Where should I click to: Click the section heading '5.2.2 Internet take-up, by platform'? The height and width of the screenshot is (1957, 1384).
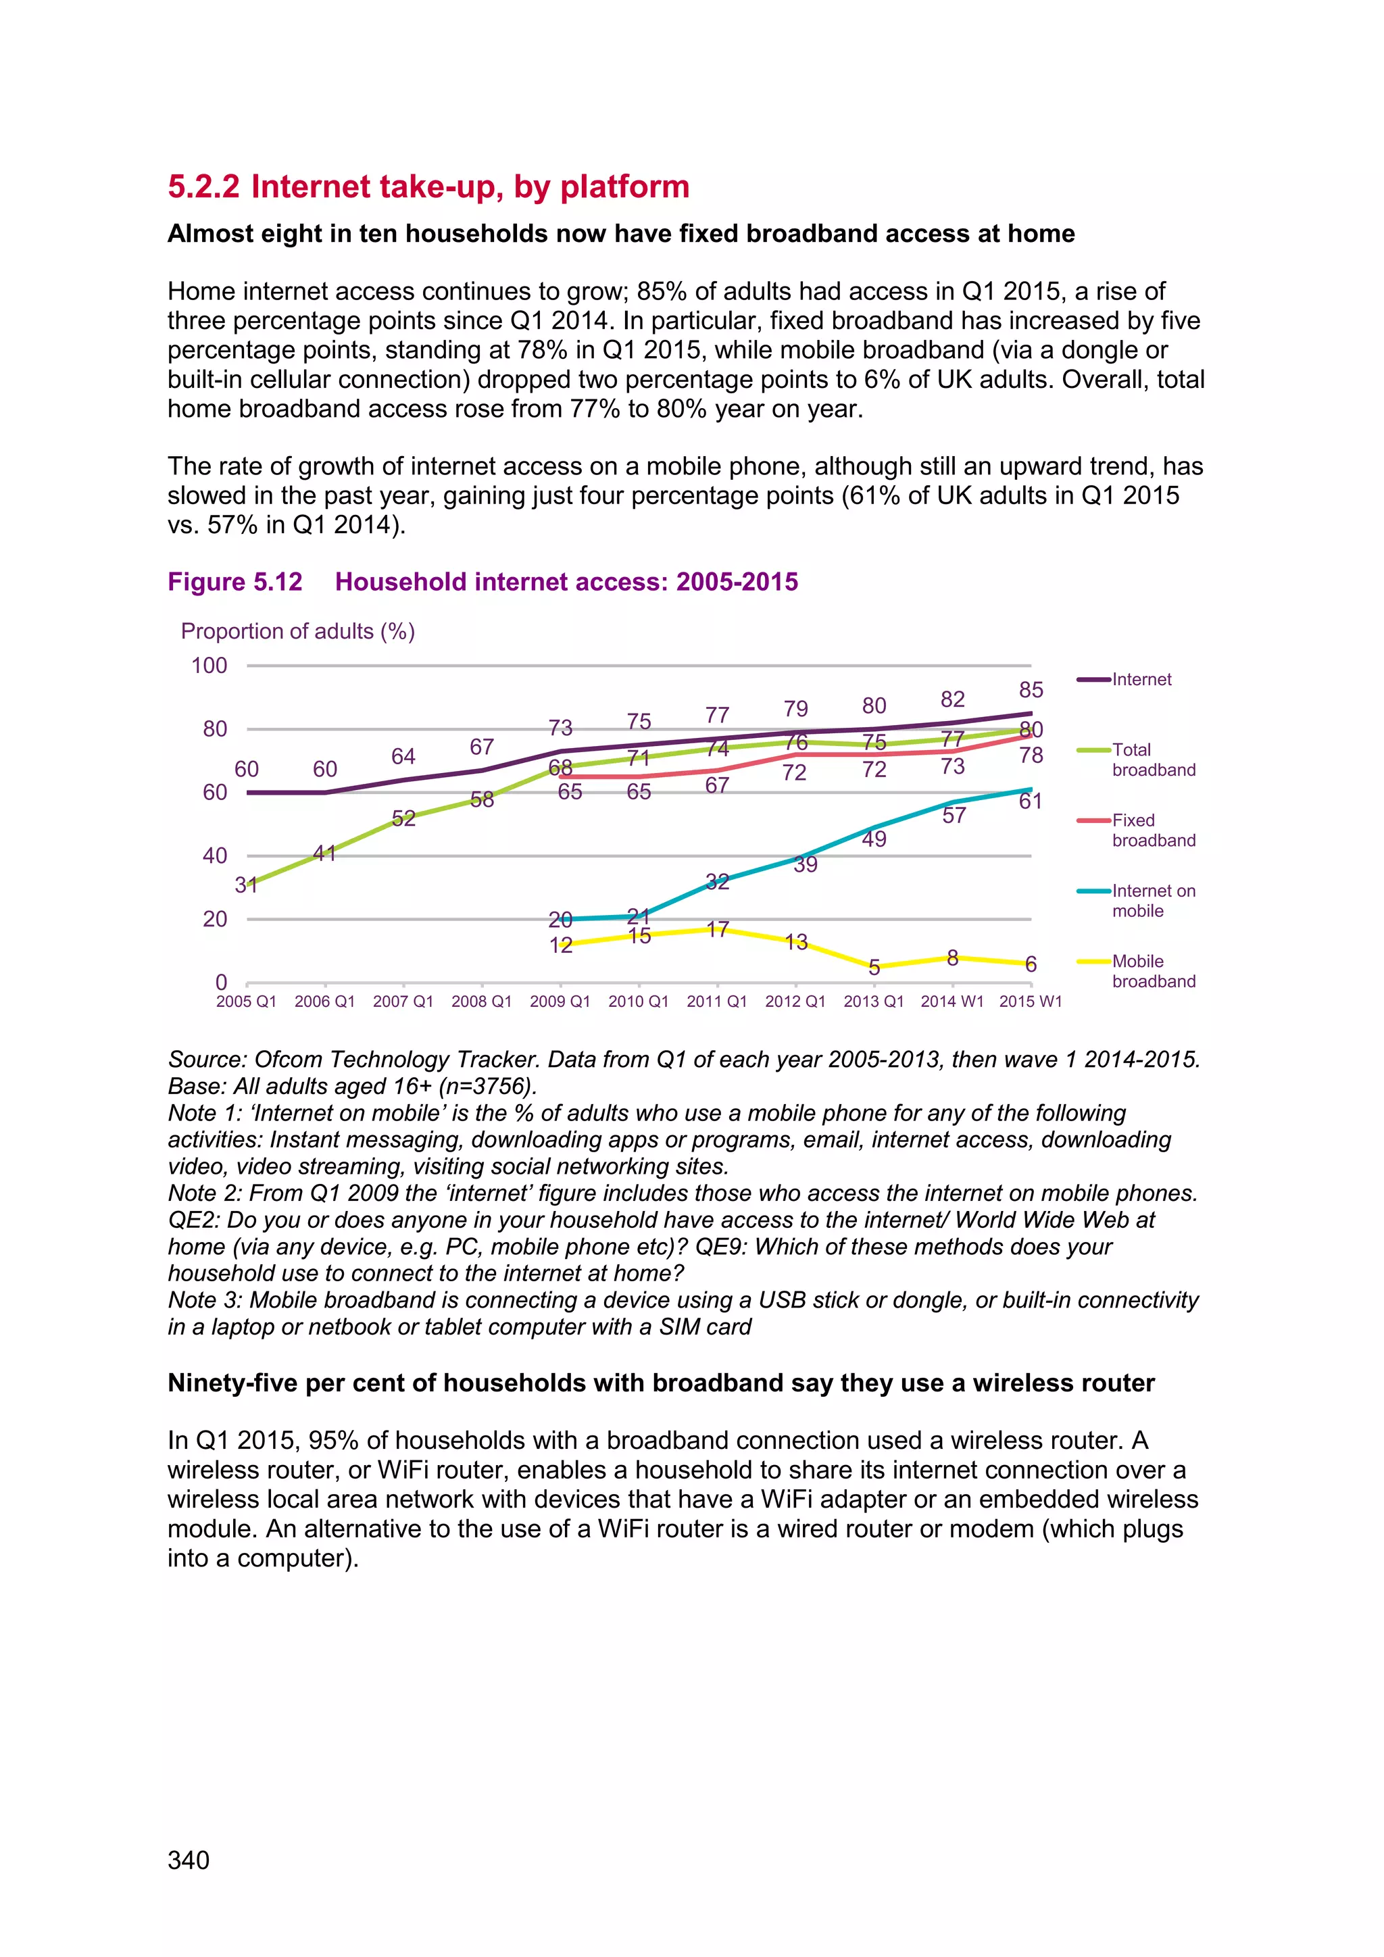pyautogui.click(x=428, y=187)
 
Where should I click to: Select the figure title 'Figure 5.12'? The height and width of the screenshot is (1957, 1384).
pyautogui.click(x=234, y=582)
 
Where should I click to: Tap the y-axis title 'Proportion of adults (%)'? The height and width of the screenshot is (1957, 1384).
pyautogui.click(x=297, y=632)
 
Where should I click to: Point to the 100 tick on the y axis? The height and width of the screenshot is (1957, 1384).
pyautogui.click(x=209, y=666)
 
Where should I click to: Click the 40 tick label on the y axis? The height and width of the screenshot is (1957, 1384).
pyautogui.click(x=215, y=856)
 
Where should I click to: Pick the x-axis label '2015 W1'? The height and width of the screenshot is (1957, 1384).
pyautogui.click(x=1031, y=1001)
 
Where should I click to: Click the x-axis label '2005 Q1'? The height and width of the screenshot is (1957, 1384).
pyautogui.click(x=245, y=1001)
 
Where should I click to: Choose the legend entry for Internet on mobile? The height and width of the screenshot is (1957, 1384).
pyautogui.click(x=1152, y=901)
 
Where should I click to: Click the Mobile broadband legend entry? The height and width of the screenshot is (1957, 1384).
pyautogui.click(x=1152, y=971)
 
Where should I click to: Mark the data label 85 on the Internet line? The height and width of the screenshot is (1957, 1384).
pyautogui.click(x=1031, y=689)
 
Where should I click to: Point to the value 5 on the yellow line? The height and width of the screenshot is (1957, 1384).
pyautogui.click(x=874, y=968)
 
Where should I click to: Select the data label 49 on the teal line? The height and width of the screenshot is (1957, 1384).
pyautogui.click(x=874, y=839)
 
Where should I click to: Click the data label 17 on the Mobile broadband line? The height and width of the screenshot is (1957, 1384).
pyautogui.click(x=718, y=929)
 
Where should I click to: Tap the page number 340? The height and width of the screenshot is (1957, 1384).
pyautogui.click(x=189, y=1860)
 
